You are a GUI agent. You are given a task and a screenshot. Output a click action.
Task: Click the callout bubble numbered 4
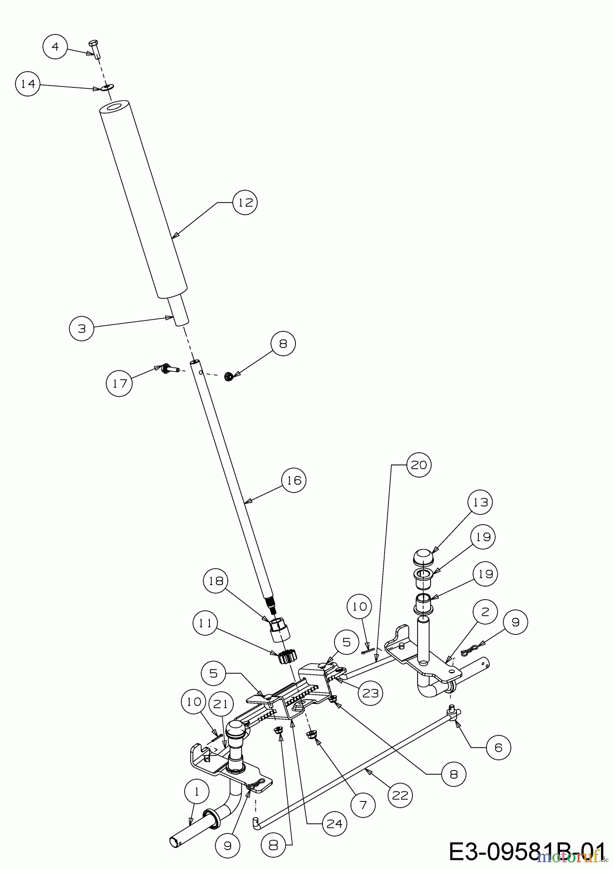56,47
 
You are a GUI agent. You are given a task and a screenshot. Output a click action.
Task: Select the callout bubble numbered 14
28,84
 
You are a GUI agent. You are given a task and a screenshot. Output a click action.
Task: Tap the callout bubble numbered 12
245,203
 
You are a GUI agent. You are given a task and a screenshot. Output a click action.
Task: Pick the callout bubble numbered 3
82,328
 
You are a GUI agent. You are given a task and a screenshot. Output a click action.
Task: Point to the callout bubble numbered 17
119,383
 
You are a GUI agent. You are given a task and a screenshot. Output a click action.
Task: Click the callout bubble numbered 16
293,480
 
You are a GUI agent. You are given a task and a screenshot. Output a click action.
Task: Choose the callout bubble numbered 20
419,465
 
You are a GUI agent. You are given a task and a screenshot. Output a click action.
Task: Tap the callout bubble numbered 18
216,582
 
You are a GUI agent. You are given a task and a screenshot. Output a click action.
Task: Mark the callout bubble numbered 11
206,623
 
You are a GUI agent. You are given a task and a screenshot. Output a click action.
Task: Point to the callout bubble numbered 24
335,823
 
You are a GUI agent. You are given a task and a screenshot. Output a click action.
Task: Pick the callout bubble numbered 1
197,792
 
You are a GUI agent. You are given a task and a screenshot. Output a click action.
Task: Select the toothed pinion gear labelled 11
289,657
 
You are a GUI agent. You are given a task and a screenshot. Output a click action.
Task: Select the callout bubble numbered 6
498,747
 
